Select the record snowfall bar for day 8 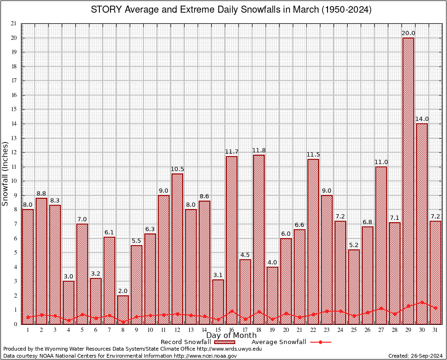click(x=123, y=309)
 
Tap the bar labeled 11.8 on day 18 click(x=259, y=239)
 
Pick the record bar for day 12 click(x=178, y=248)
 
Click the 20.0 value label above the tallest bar click(x=408, y=33)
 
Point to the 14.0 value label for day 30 click(x=422, y=119)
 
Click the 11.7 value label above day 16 click(x=231, y=152)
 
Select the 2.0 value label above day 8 click(x=123, y=291)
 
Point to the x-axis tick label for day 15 click(x=218, y=330)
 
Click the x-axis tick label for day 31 click(x=436, y=330)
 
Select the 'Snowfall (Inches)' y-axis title click(x=5, y=174)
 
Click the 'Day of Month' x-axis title click(x=231, y=336)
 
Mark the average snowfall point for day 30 click(x=422, y=302)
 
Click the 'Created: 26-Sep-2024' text click(x=415, y=356)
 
